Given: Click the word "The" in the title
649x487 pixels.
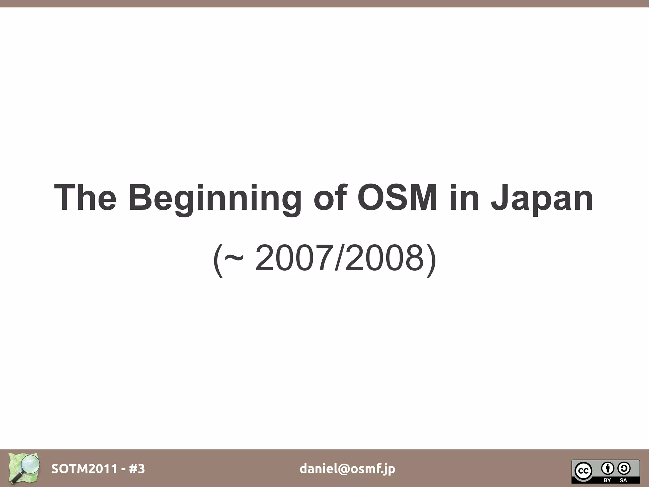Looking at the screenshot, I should coord(85,198).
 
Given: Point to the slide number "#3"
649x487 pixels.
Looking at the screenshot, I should coord(137,469).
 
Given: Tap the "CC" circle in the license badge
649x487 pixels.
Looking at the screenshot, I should coord(583,471).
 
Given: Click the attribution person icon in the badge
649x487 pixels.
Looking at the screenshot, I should coord(607,468).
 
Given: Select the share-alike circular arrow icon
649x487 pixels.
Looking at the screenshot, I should coord(624,468).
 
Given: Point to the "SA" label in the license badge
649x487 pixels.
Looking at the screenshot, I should coord(623,480).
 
